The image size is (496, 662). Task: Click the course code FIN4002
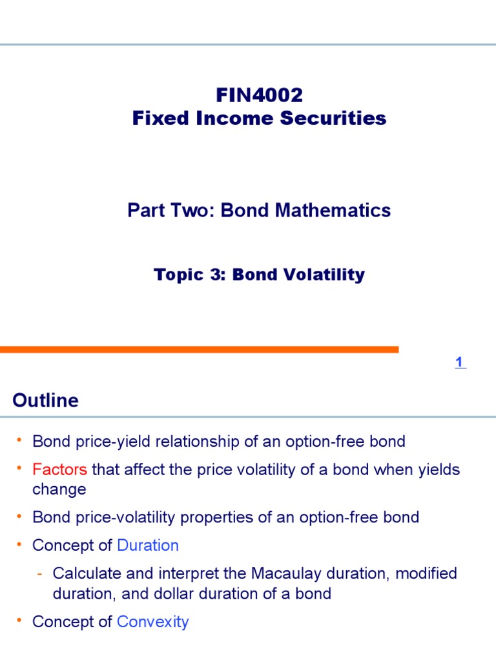(259, 96)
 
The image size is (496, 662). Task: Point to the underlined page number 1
(459, 363)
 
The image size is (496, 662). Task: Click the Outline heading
(45, 401)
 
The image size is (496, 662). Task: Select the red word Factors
(59, 469)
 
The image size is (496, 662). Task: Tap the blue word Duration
(148, 545)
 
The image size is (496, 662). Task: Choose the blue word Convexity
(152, 622)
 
